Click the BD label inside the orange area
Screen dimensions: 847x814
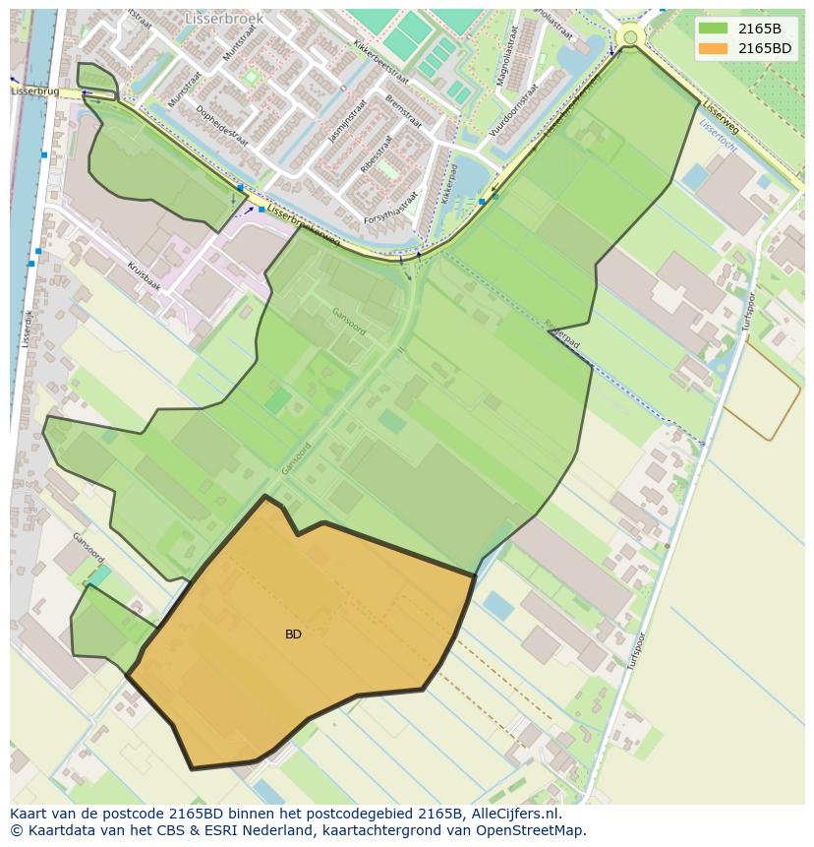click(x=293, y=635)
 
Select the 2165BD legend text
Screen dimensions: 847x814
click(x=765, y=47)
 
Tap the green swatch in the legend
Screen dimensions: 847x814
click(x=715, y=29)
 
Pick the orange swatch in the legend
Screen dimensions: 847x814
click(x=715, y=47)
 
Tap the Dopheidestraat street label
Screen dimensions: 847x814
click(x=221, y=125)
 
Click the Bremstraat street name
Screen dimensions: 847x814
click(x=402, y=112)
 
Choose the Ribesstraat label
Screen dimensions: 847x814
click(x=376, y=154)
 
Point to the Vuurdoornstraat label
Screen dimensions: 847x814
click(x=512, y=108)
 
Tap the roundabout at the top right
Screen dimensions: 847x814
click(x=630, y=37)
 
